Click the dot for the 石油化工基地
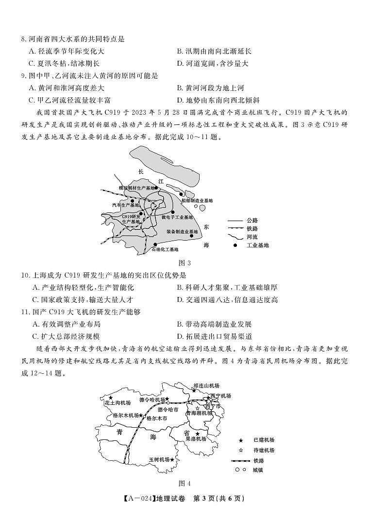(155, 244)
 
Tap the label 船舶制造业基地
(197, 200)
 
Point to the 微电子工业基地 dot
(172, 212)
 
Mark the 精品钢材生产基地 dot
(156, 188)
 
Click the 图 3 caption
(184, 263)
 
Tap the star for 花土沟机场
(111, 398)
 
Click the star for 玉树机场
(172, 459)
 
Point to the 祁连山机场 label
(206, 385)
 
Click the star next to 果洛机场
(197, 434)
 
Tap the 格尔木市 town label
(156, 418)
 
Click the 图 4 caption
(184, 483)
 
